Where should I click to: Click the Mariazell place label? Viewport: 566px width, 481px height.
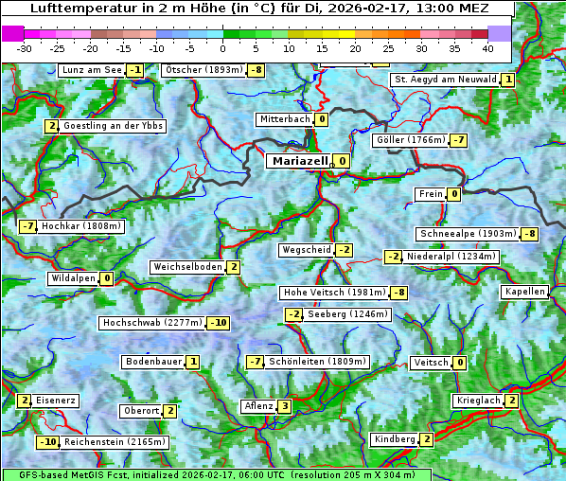300,161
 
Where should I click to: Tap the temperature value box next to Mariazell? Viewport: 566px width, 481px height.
341,161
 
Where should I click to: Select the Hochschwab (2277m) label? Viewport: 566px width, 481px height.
151,323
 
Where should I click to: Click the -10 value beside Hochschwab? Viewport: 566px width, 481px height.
219,323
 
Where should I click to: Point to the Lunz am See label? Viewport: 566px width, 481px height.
92,70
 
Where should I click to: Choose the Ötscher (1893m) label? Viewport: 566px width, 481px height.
203,70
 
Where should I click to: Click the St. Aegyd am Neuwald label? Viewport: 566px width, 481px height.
444,80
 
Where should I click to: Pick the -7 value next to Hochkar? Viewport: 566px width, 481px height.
27,226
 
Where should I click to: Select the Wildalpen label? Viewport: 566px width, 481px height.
73,278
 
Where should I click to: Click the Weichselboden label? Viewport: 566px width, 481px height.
187,267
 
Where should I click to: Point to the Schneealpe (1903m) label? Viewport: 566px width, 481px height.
468,234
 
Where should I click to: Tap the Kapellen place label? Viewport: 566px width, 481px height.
524,292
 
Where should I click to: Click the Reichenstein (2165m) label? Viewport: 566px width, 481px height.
115,442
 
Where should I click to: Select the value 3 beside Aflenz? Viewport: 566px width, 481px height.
284,406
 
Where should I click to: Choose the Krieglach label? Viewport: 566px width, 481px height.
478,401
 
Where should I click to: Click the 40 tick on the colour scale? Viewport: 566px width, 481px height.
487,47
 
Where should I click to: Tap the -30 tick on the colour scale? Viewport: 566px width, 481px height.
26,47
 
